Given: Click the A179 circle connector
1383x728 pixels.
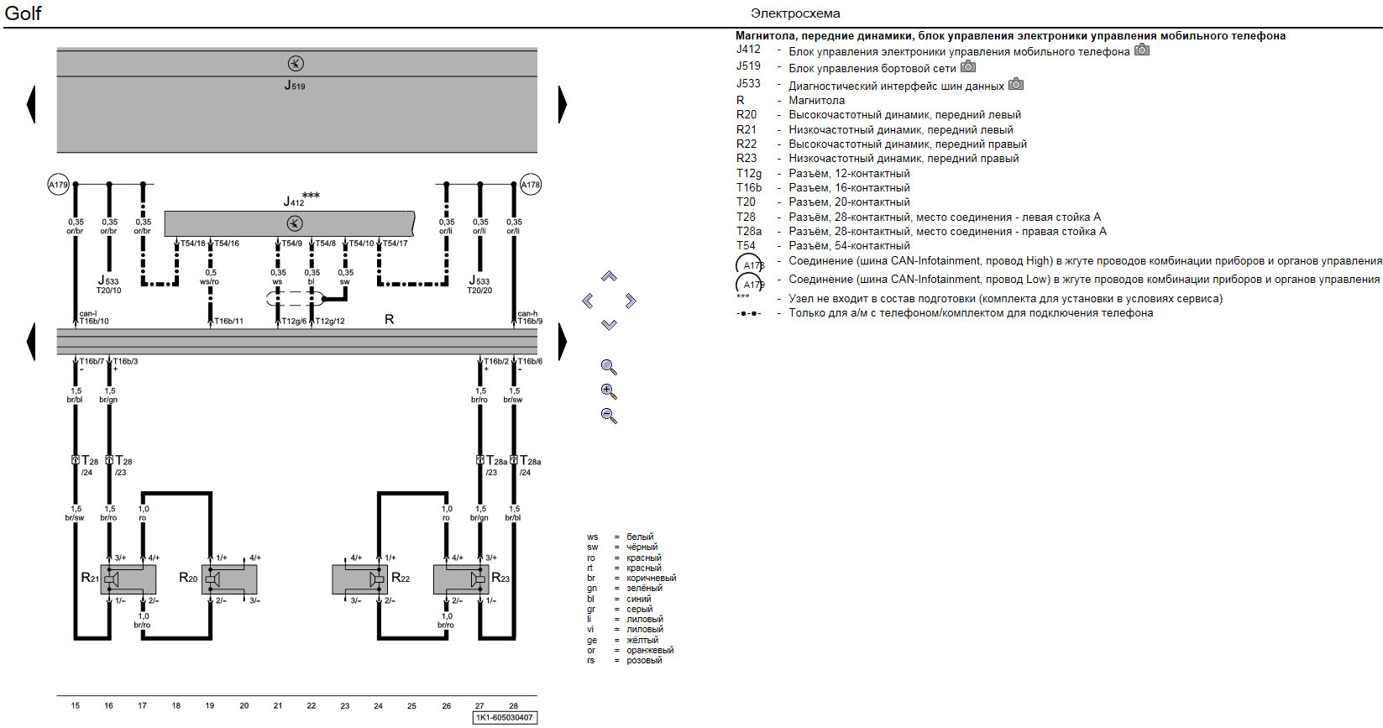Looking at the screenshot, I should click(58, 185).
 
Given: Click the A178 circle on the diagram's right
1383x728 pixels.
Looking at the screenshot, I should click(531, 185).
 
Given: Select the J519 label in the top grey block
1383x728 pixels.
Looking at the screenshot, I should click(295, 85).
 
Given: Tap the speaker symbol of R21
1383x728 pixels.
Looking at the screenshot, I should click(112, 579).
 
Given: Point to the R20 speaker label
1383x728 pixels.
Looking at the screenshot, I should click(188, 578).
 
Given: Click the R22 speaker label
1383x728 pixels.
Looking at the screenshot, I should click(401, 578).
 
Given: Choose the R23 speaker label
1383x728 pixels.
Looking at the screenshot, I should click(500, 578).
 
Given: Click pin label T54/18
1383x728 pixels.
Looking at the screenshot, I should click(193, 244).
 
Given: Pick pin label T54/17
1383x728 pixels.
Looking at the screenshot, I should click(396, 244).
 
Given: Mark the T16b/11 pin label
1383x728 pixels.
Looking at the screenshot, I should click(228, 321).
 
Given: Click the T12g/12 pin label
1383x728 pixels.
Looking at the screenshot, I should click(330, 321).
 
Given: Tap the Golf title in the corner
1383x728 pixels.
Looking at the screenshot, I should click(23, 13).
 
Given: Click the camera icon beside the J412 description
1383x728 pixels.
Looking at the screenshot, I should click(1142, 50).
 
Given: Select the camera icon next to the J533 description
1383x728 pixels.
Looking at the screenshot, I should click(1016, 84).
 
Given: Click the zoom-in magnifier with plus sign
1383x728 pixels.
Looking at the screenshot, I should click(609, 391).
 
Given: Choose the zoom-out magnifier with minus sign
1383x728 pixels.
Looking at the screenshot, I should click(609, 416).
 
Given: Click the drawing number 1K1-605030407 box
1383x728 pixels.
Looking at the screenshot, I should click(504, 717).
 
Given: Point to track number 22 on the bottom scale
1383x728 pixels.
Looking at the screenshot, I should click(312, 705).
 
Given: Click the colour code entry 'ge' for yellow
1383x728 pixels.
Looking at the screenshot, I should click(592, 640).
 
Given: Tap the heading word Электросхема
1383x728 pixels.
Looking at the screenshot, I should click(795, 13).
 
